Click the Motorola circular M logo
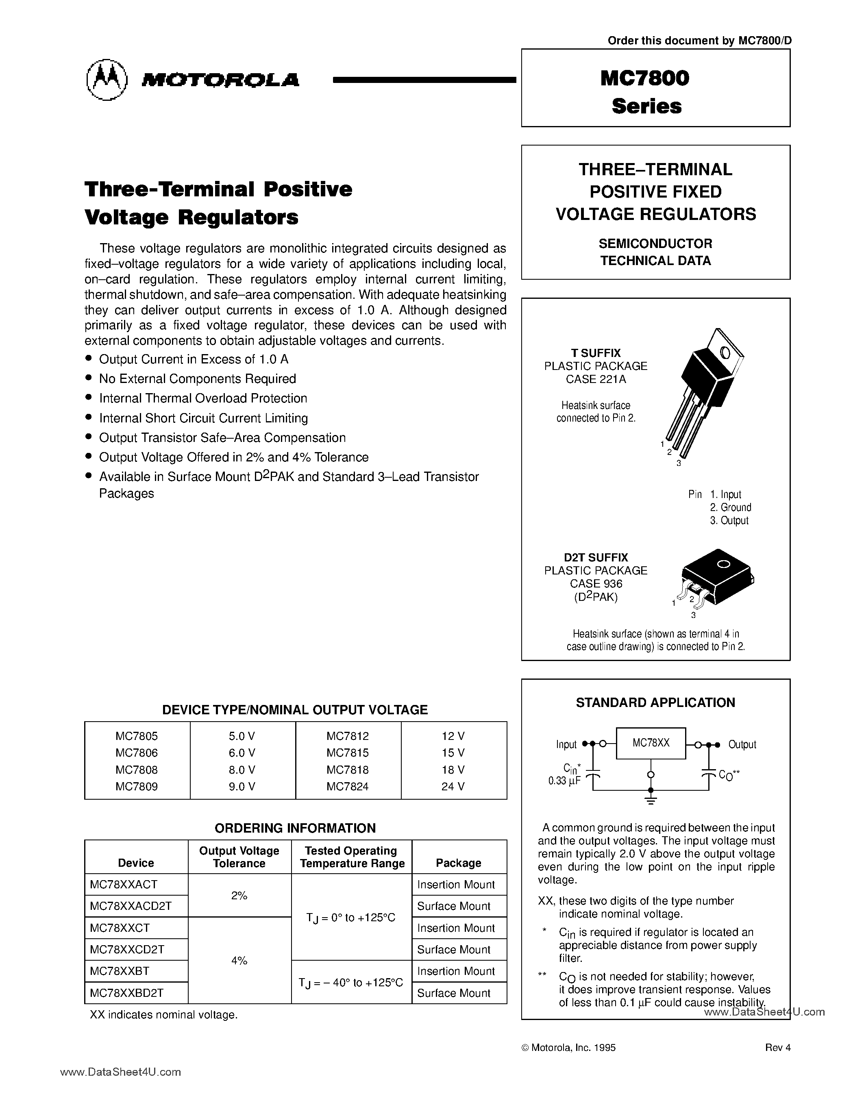(107, 79)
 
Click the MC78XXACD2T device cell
(131, 906)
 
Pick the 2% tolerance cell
(239, 895)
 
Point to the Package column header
(458, 863)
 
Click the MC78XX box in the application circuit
(651, 743)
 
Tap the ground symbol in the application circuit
(651, 800)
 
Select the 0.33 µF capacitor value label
(564, 781)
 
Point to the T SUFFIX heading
(596, 353)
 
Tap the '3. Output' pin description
(729, 521)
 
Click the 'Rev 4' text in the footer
(777, 1047)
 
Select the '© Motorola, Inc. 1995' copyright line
(568, 1047)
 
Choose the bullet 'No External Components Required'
(198, 379)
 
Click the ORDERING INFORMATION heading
(295, 828)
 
